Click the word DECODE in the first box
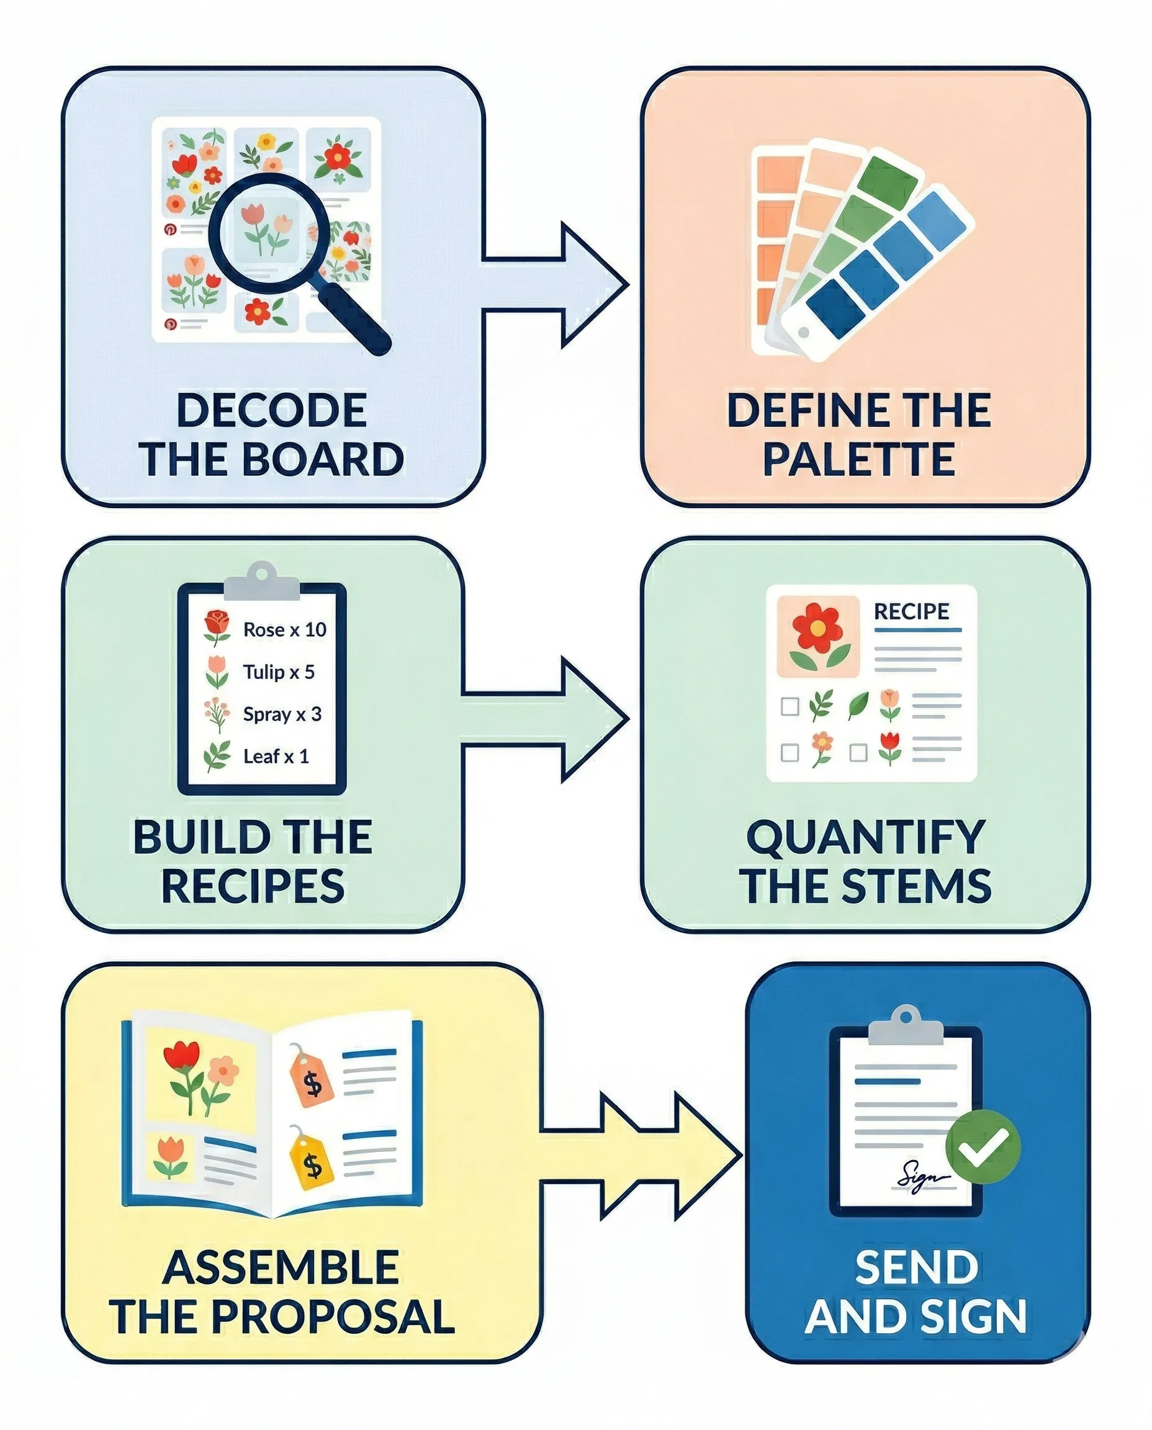click(x=271, y=410)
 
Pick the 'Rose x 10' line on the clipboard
click(x=284, y=629)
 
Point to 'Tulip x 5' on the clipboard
click(x=278, y=672)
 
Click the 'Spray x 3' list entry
click(x=281, y=714)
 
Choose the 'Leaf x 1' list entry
click(x=276, y=757)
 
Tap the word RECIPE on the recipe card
click(x=911, y=611)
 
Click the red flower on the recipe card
click(x=817, y=627)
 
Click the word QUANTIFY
click(x=865, y=837)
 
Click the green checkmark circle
click(x=982, y=1146)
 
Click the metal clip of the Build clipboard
click(x=261, y=582)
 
